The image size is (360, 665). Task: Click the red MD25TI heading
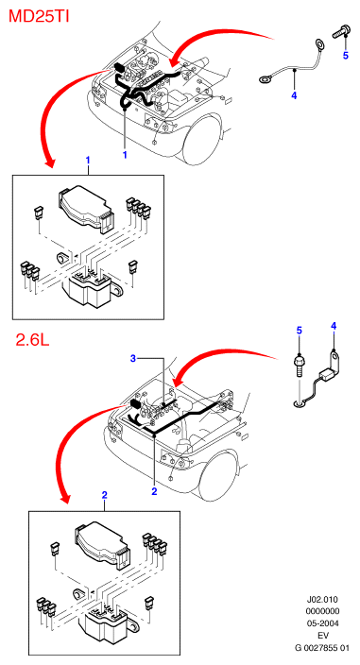[x=39, y=17]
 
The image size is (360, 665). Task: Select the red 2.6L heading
[x=32, y=339]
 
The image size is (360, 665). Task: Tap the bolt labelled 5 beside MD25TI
[x=340, y=32]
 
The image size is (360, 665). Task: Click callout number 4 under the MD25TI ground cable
[x=294, y=95]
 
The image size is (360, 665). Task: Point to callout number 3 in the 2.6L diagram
[x=133, y=359]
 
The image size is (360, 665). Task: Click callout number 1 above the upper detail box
[x=88, y=161]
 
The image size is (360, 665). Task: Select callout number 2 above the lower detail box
[x=104, y=495]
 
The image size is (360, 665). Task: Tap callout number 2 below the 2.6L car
[x=154, y=491]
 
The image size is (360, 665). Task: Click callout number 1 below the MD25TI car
[x=125, y=155]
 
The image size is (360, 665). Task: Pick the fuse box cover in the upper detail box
[x=85, y=208]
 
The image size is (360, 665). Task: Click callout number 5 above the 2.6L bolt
[x=300, y=330]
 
